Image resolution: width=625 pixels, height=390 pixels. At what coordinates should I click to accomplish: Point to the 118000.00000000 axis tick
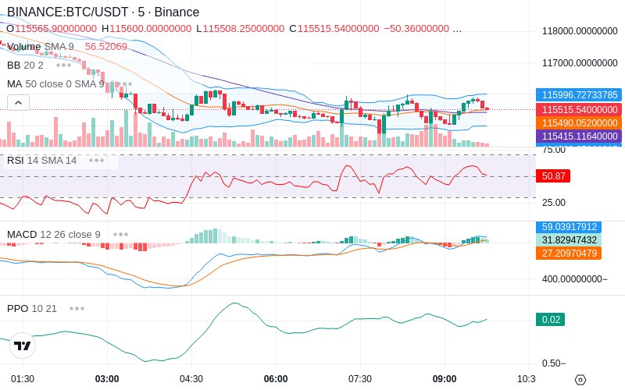click(x=580, y=31)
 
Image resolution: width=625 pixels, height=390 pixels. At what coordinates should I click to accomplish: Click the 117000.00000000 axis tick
click(x=580, y=62)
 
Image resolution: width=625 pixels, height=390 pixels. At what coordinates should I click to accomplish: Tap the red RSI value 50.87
click(x=553, y=176)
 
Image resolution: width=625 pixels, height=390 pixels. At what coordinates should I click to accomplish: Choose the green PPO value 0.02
click(x=551, y=319)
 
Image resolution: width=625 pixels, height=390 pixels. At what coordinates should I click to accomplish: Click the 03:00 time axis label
click(x=107, y=378)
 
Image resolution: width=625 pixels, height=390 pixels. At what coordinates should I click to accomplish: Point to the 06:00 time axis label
click(x=276, y=378)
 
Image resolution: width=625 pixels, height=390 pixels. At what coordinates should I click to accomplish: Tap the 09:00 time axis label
click(x=445, y=378)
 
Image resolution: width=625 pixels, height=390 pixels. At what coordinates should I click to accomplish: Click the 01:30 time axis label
click(x=23, y=378)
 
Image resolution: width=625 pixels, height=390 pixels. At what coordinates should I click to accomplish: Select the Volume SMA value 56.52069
click(x=105, y=47)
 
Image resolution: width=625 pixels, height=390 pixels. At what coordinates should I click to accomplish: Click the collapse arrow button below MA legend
click(x=18, y=102)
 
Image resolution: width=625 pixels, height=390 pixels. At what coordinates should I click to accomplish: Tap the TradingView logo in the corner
click(x=23, y=346)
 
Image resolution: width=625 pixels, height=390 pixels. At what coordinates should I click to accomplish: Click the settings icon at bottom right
click(x=580, y=380)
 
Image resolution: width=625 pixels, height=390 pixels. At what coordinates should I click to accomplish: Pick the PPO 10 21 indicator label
click(x=32, y=308)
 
